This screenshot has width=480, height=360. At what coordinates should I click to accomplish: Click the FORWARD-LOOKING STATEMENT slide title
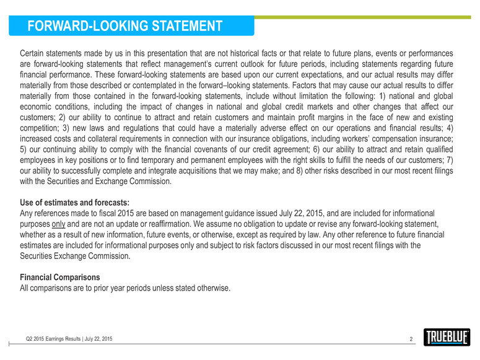[120, 26]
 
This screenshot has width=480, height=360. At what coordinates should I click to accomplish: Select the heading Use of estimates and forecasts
[75, 202]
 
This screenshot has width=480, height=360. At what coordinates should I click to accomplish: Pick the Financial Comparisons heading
[60, 276]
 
